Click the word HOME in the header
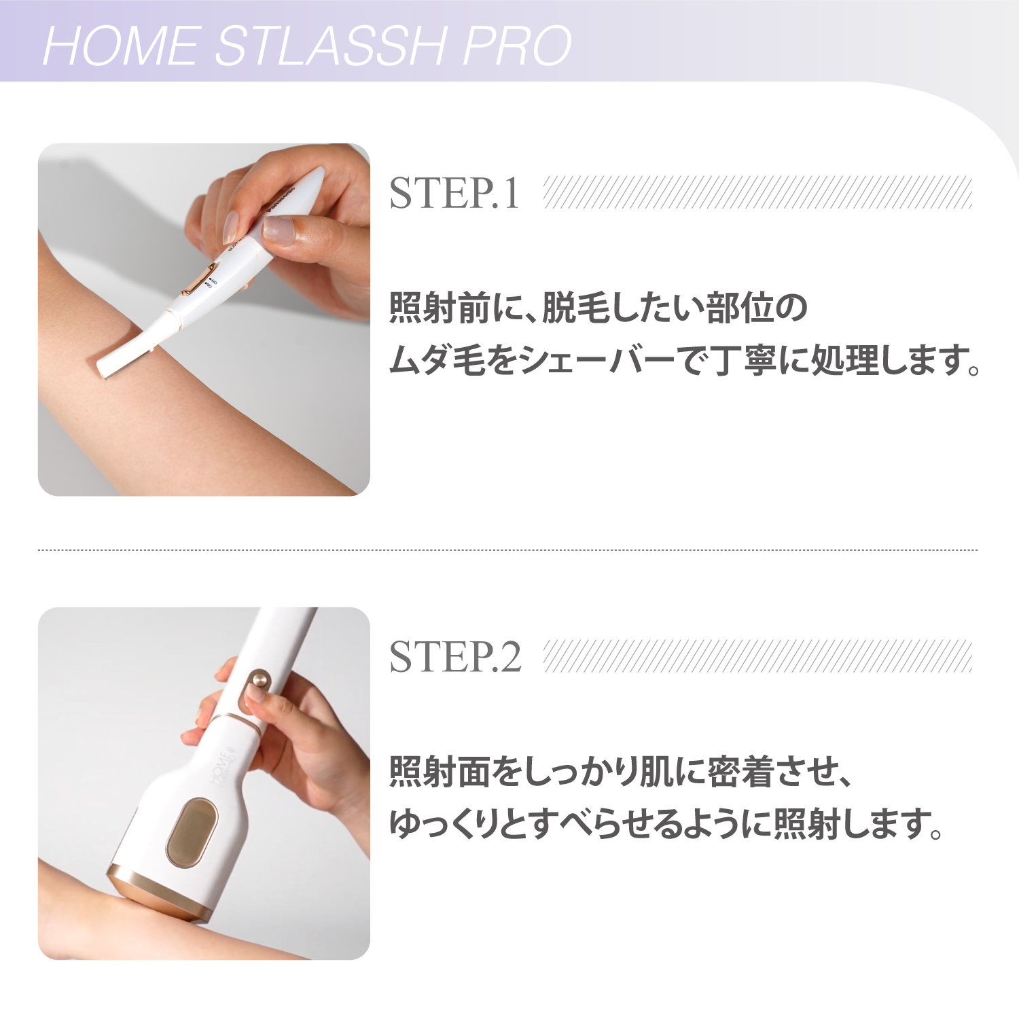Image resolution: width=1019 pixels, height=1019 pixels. point(120,46)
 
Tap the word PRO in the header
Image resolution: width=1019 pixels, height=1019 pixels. point(517,46)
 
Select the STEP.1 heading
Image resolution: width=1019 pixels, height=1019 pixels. point(454,194)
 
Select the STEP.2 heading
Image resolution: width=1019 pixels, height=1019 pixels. point(455,658)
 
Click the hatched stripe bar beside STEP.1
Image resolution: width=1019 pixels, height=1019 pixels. point(757,192)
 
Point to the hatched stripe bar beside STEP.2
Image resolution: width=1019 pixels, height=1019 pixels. point(757,656)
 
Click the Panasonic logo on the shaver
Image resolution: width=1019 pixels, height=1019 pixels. point(281,197)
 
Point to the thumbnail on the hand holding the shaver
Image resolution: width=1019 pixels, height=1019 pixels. point(279,229)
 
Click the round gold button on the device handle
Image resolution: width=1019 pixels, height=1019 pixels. point(259,680)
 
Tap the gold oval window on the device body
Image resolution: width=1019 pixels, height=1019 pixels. point(192,832)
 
